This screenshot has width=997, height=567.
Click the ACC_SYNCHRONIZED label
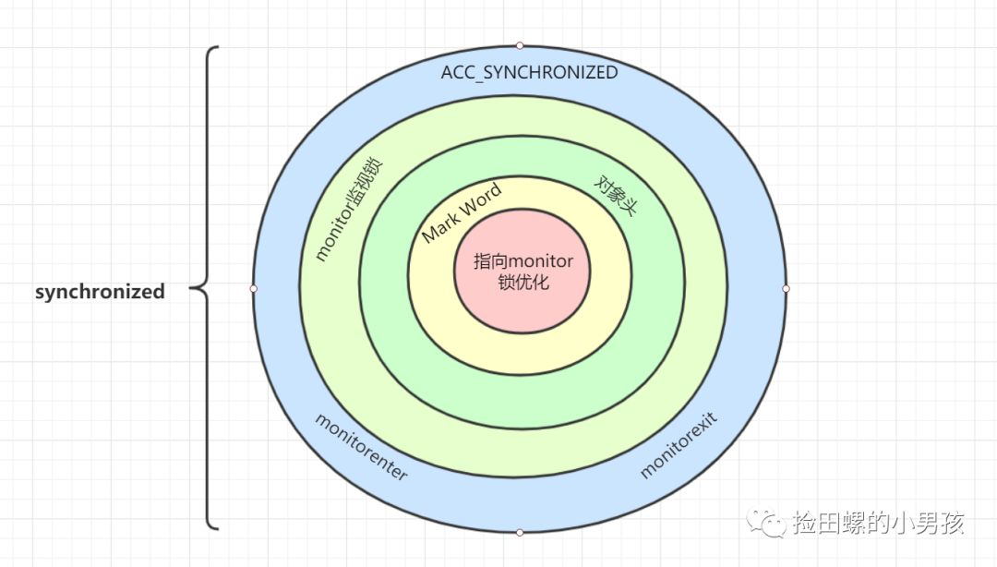(529, 73)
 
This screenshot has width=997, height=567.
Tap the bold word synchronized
(100, 292)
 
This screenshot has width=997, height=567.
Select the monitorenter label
(361, 446)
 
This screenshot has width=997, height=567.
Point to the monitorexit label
(679, 444)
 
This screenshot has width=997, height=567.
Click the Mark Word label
(462, 211)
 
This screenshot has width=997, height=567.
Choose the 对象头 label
(615, 196)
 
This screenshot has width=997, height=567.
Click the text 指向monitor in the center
(523, 261)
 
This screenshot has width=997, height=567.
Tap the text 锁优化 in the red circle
(523, 282)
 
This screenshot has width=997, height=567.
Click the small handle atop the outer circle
(520, 46)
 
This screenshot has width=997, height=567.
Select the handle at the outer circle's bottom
(520, 532)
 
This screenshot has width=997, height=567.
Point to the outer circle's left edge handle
(254, 289)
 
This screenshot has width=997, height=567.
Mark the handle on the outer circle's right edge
(786, 289)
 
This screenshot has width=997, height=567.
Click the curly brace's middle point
(193, 289)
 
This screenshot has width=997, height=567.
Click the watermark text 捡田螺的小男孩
(879, 523)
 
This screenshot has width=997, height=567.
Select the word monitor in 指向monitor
(540, 261)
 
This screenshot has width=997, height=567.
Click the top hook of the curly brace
(213, 48)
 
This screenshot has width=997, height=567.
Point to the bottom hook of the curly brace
(213, 527)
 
